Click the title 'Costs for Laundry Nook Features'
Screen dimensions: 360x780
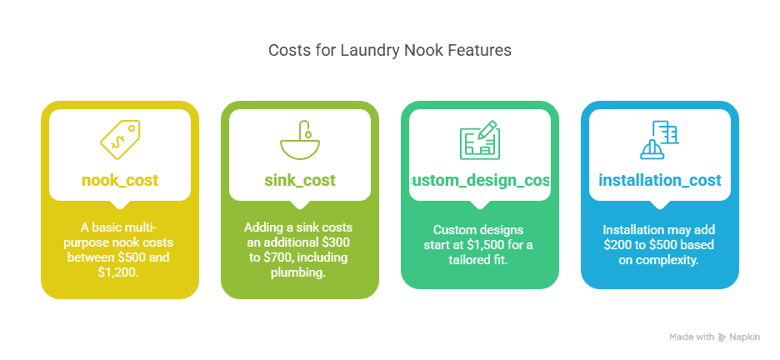(x=389, y=50)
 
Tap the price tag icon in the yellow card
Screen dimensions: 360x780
(x=119, y=139)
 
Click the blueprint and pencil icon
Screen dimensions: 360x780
(x=479, y=139)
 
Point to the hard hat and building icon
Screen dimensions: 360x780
(x=659, y=139)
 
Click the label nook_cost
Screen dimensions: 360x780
(x=119, y=180)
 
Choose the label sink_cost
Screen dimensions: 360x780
(x=299, y=180)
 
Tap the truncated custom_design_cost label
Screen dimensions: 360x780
(x=479, y=180)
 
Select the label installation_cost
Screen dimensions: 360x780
(x=659, y=180)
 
